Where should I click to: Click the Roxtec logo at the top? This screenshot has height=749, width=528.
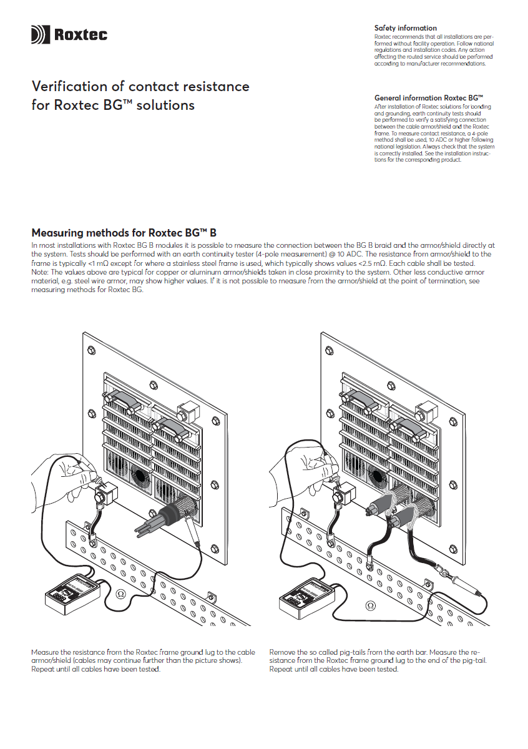[x=69, y=34]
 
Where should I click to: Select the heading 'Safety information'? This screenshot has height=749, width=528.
[x=405, y=28]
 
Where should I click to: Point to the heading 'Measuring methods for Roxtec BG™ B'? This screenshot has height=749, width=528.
[x=124, y=233]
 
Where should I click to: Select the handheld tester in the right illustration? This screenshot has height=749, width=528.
[x=305, y=597]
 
